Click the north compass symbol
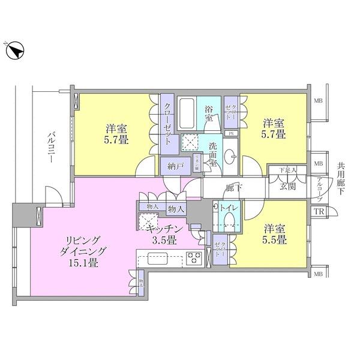(x=15, y=53)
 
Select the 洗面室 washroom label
(x=213, y=155)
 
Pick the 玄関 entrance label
(x=287, y=187)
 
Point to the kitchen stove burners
(x=193, y=259)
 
